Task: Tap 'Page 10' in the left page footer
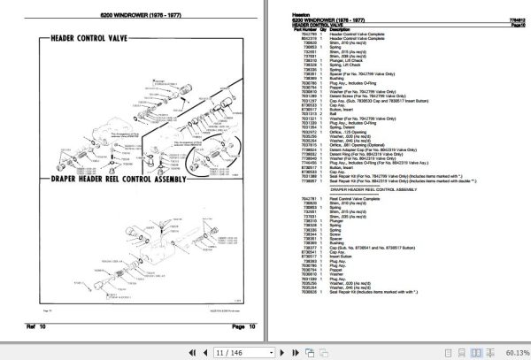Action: (241, 327)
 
